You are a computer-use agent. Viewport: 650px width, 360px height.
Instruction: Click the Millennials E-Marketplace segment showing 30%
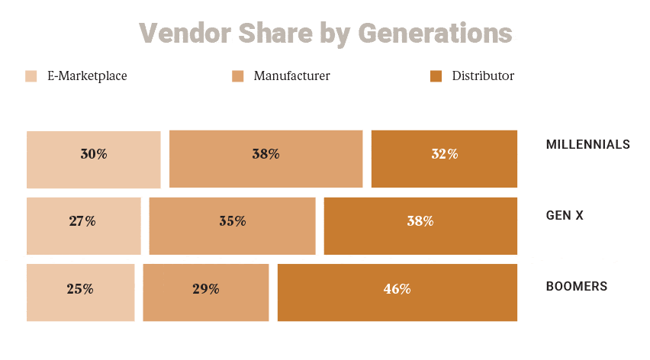click(93, 159)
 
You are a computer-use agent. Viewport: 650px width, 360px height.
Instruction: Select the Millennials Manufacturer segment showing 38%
click(265, 159)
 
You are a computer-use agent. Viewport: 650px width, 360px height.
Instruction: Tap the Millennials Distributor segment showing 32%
click(444, 159)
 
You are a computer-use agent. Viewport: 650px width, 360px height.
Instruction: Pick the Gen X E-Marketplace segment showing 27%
click(83, 226)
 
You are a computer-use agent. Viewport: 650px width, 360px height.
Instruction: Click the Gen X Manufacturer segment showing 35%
click(232, 226)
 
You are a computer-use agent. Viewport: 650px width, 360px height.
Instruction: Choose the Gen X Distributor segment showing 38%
click(420, 226)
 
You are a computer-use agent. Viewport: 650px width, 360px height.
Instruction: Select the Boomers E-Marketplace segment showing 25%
click(80, 293)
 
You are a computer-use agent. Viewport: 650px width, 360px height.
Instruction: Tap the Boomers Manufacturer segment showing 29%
click(205, 293)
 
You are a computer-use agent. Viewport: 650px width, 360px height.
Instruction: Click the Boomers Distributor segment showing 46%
click(397, 293)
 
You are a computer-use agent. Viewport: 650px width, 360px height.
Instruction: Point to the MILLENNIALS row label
click(587, 144)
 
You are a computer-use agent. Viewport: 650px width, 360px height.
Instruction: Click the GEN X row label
click(565, 216)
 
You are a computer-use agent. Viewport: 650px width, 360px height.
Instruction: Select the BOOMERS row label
click(576, 287)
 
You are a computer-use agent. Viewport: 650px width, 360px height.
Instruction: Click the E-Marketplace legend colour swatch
click(31, 76)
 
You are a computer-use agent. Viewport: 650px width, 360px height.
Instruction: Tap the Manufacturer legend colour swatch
click(238, 76)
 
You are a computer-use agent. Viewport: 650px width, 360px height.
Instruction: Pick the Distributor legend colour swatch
click(436, 76)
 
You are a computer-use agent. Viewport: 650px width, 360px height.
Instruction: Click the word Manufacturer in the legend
click(291, 76)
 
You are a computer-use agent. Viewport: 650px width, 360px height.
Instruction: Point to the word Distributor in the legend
click(483, 76)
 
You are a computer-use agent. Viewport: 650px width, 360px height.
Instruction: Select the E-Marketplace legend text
click(87, 76)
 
